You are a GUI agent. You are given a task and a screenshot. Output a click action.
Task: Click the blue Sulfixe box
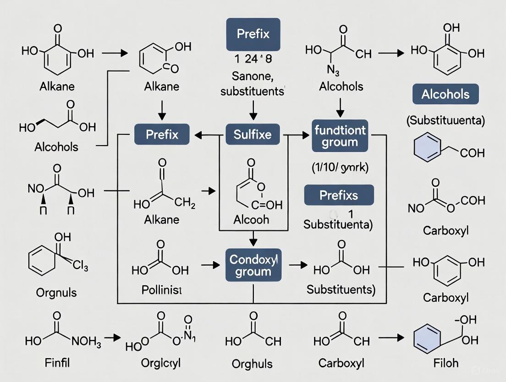(253, 135)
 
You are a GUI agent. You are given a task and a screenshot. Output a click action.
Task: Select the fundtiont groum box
(340, 136)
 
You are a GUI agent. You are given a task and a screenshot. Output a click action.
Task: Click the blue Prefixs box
(339, 196)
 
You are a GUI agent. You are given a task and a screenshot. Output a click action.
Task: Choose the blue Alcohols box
(445, 95)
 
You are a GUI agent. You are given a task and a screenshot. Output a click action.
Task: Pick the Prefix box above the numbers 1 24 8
(253, 34)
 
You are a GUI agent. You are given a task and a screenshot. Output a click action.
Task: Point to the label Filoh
(445, 363)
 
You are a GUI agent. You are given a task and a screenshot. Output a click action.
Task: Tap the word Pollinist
(161, 290)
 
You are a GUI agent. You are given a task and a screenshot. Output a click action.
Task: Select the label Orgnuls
(56, 292)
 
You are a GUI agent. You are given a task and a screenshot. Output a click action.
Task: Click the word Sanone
(252, 76)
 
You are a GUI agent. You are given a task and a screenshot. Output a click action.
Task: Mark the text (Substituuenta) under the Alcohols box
(445, 121)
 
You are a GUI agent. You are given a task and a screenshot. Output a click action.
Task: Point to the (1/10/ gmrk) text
(339, 168)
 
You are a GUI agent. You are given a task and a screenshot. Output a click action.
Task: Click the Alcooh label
(251, 219)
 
